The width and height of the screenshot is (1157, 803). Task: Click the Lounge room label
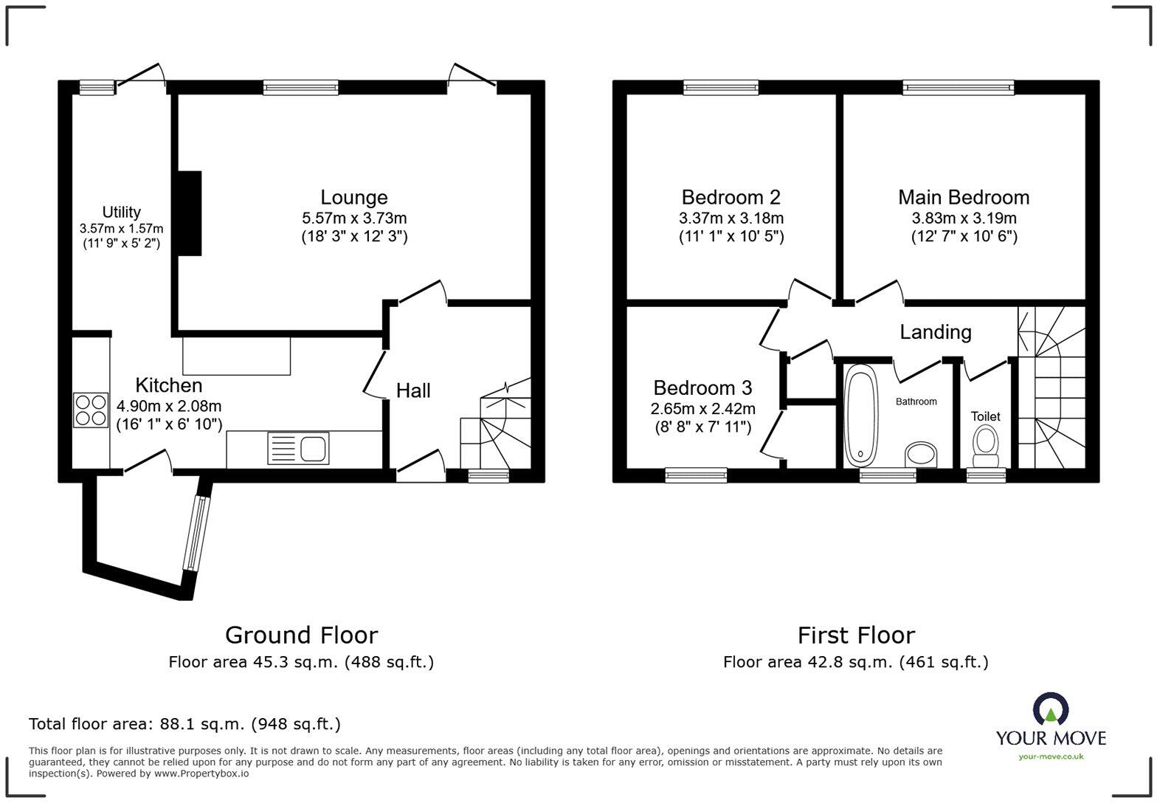(353, 197)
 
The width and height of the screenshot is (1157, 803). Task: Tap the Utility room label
(122, 213)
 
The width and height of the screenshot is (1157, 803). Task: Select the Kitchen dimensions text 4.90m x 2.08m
(169, 406)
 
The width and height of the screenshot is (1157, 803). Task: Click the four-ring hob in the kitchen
(90, 410)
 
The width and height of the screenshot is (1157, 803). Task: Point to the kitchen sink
(299, 448)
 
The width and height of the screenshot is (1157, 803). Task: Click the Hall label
(413, 390)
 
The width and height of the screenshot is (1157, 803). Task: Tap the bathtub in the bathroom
(859, 416)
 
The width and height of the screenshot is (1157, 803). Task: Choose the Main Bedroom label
(964, 197)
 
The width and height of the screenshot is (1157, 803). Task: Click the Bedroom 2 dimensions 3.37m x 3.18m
(731, 218)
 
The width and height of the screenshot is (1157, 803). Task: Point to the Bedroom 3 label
(702, 387)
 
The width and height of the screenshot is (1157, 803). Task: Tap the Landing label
(935, 332)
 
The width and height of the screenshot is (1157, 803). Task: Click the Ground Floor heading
(301, 635)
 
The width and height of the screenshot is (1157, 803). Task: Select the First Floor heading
(856, 635)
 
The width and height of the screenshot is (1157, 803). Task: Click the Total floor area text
(184, 724)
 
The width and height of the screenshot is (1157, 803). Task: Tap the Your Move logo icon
(1050, 709)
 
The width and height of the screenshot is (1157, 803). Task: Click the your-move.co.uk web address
(1051, 756)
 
